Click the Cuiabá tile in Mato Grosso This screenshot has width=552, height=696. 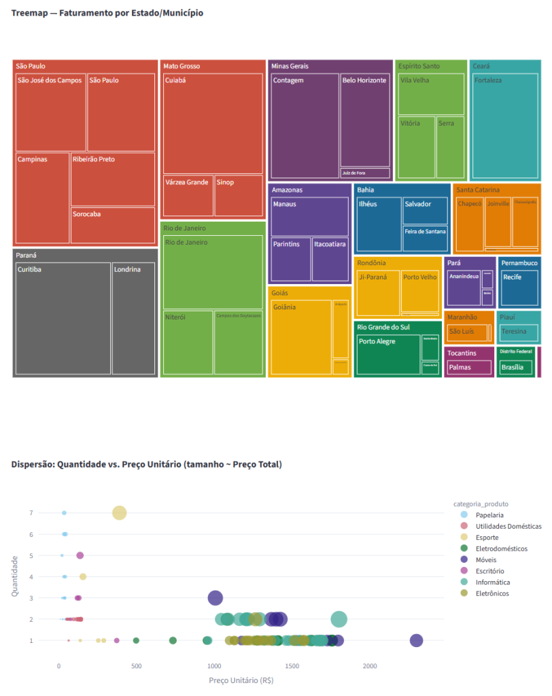click(213, 122)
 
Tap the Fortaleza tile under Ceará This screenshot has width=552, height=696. click(505, 122)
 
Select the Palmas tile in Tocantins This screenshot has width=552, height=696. click(468, 368)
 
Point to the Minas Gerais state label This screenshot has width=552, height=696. click(290, 66)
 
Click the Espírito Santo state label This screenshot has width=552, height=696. click(419, 66)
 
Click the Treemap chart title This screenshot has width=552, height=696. click(107, 13)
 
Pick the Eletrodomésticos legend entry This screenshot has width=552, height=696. click(501, 549)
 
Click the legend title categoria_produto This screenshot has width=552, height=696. click(481, 504)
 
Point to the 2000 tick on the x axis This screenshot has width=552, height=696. click(370, 665)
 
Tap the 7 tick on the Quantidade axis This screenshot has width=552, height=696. click(31, 513)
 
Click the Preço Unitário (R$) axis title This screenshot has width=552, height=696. click(241, 680)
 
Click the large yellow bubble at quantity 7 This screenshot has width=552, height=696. click(120, 512)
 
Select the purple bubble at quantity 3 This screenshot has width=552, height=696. click(215, 598)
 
